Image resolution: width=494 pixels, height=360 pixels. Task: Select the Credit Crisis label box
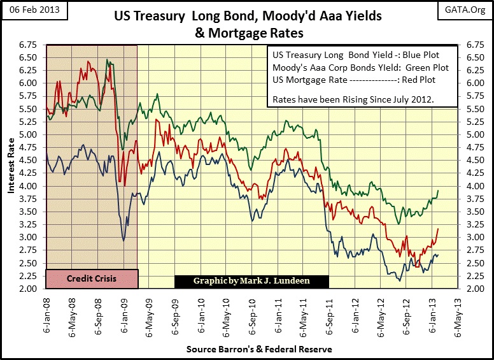[91, 279]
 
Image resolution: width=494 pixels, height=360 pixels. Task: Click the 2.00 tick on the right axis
[475, 289]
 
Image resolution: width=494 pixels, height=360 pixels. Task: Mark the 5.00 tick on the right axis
[475, 135]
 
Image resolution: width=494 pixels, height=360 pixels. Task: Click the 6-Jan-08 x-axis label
[46, 315]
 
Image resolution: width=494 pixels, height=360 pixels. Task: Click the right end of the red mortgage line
[439, 229]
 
